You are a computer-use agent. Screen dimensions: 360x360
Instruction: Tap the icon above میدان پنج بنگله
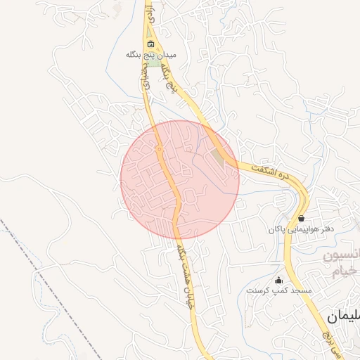click(x=151, y=45)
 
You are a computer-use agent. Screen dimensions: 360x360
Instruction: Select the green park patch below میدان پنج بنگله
click(x=153, y=63)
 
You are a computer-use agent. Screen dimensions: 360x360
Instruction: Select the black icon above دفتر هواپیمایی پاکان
click(x=302, y=219)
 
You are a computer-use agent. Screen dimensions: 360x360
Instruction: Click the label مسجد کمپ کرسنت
click(x=278, y=290)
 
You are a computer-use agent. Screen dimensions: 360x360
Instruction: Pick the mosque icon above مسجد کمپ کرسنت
click(x=278, y=281)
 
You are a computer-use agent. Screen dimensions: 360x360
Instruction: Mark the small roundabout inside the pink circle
click(x=160, y=149)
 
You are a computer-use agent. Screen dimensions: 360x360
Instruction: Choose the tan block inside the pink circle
click(x=218, y=159)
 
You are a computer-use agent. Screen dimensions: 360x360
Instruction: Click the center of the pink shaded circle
click(x=180, y=179)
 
